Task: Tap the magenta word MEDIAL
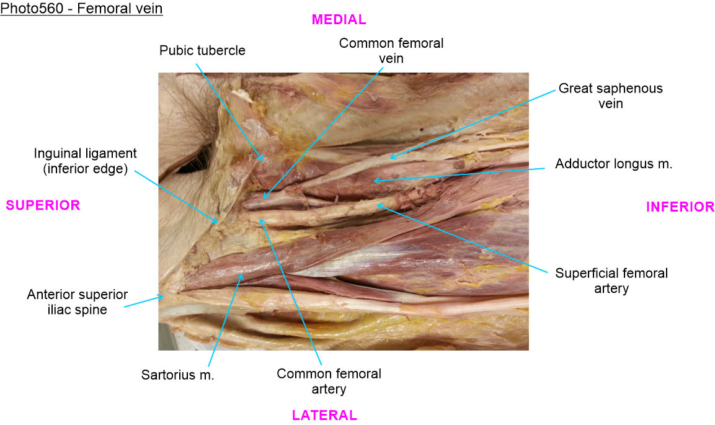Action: pyautogui.click(x=339, y=20)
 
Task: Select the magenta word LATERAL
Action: pyautogui.click(x=324, y=416)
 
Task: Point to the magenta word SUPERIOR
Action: pyautogui.click(x=43, y=205)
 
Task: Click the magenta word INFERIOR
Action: pyautogui.click(x=680, y=207)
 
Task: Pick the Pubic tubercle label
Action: pyautogui.click(x=202, y=51)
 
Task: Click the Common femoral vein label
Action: pyautogui.click(x=391, y=51)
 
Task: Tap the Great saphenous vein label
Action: pyautogui.click(x=610, y=96)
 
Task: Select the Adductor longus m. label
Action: pyautogui.click(x=614, y=164)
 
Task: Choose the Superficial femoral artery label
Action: pyautogui.click(x=611, y=280)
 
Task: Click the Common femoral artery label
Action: pyautogui.click(x=329, y=382)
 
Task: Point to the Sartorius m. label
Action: pyautogui.click(x=177, y=375)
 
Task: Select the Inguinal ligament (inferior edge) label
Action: pyautogui.click(x=86, y=161)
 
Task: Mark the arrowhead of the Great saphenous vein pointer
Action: pyautogui.click(x=390, y=159)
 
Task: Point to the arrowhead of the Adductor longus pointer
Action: pyautogui.click(x=373, y=181)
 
